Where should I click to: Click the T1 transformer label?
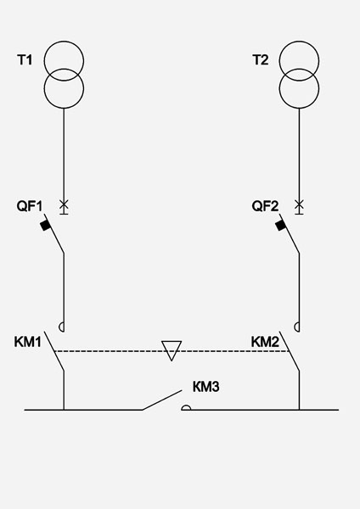coord(25,60)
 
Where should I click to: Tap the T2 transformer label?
coord(261,60)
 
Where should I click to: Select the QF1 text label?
coord(30,206)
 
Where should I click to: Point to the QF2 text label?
coord(265,206)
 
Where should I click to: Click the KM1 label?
coord(28,342)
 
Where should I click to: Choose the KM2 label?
coord(265,342)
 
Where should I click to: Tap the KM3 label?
coord(206,387)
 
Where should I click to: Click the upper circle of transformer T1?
coord(64,42)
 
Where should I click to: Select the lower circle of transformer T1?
coord(64,108)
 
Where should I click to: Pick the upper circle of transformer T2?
coord(299,42)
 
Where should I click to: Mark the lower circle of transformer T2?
coord(299,108)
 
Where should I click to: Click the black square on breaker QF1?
coord(46,225)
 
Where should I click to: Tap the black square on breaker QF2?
coord(281,225)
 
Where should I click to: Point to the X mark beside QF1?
coord(64,204)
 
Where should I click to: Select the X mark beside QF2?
coord(299,204)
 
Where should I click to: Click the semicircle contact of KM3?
coord(186,406)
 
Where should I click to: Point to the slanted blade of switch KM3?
coord(162,400)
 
